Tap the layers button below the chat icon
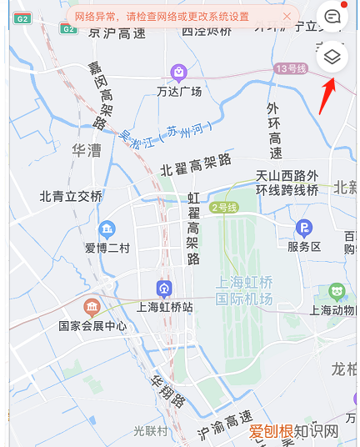(x=332, y=57)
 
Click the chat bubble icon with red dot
(x=332, y=16)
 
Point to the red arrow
(x=327, y=96)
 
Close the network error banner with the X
(x=287, y=16)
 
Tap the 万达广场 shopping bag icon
(x=178, y=73)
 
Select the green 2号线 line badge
(x=225, y=207)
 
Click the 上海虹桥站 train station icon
(x=164, y=289)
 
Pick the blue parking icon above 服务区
(x=305, y=228)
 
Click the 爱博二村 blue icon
(x=107, y=229)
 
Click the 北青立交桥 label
(x=71, y=197)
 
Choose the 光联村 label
(x=151, y=431)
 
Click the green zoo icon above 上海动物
(x=337, y=291)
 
